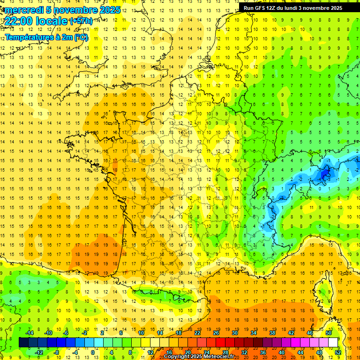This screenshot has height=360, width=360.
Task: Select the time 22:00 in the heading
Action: point(19,21)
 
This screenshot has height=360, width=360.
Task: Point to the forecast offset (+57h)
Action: point(81,21)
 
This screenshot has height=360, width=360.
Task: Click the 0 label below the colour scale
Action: point(93,352)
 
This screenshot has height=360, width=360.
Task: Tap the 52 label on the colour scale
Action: point(338,352)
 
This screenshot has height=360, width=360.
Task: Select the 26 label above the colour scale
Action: point(216,333)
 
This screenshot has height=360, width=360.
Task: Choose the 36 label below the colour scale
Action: point(262,352)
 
